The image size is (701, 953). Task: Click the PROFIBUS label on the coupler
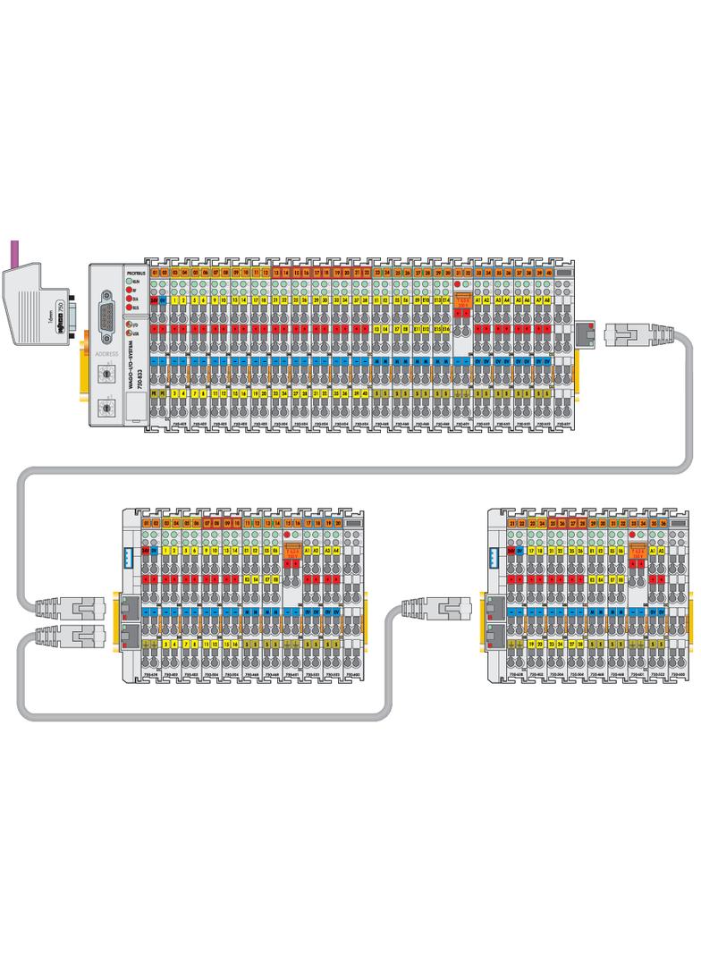pos(135,271)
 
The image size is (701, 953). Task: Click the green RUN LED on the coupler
pos(128,282)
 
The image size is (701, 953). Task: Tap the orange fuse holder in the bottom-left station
pos(291,552)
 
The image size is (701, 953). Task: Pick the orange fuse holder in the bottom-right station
pos(637,552)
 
